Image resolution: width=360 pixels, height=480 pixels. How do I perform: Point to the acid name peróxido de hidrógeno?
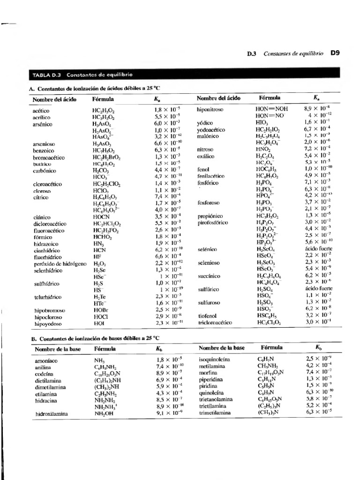(x=60, y=264)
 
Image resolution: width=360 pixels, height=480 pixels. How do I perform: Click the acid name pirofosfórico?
(x=216, y=223)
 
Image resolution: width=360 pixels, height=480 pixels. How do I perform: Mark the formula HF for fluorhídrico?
(x=97, y=257)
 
